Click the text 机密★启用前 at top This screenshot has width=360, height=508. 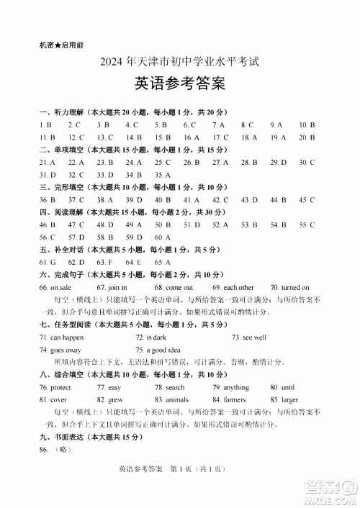coord(61,45)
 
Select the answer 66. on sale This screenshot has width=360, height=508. coord(55,287)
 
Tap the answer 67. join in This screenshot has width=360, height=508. coord(117,287)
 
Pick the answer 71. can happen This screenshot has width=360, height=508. coord(62,337)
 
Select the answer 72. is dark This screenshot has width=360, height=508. coord(151,337)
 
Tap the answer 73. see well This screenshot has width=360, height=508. coord(249,337)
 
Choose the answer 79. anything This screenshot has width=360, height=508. coord(230,387)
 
